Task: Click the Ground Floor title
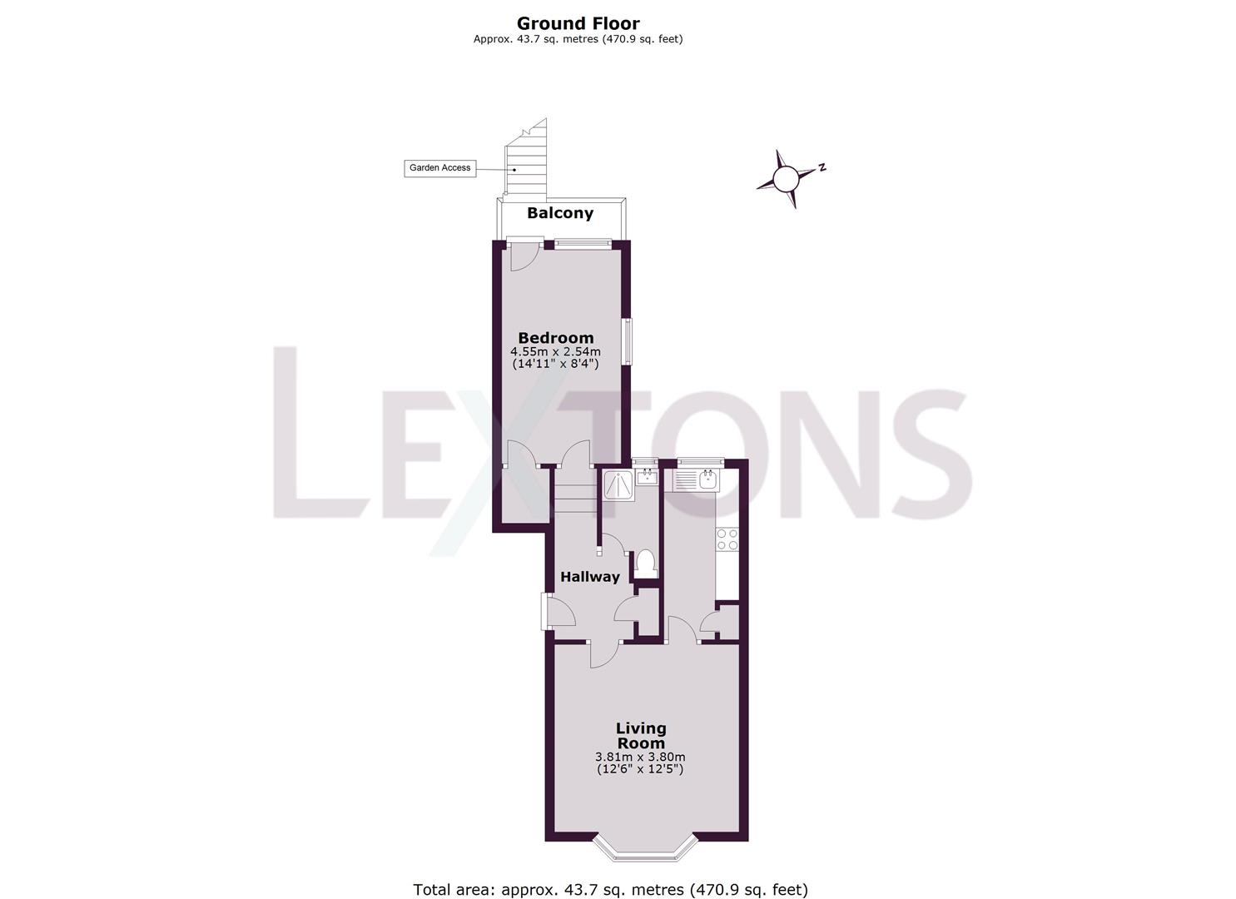coord(578,24)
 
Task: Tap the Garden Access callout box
coord(439,168)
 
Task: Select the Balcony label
coord(560,213)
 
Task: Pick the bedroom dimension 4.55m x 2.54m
coord(556,351)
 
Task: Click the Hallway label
coord(590,577)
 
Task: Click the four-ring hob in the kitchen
coord(727,539)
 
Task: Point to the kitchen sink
coord(707,479)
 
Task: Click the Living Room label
coord(641,736)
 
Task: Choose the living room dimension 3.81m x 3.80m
coord(640,757)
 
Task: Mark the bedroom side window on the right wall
coord(628,341)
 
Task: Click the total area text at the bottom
coord(610,890)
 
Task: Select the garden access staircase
coord(525,161)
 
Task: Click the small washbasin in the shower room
coord(646,477)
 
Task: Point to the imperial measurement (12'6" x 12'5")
coord(640,769)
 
